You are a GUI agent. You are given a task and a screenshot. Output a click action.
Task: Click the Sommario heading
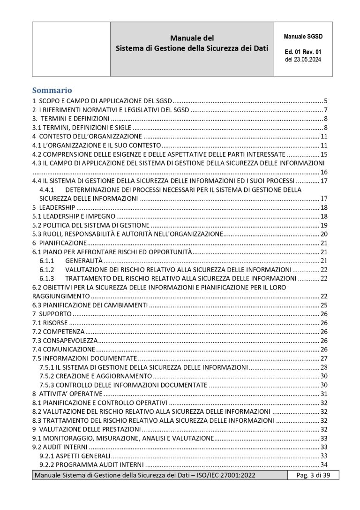(x=52, y=90)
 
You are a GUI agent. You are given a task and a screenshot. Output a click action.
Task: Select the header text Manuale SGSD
(x=303, y=36)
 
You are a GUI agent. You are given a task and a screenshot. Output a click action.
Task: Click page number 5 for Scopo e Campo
(x=325, y=101)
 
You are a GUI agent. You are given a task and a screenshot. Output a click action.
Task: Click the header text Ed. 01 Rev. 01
(x=303, y=52)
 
